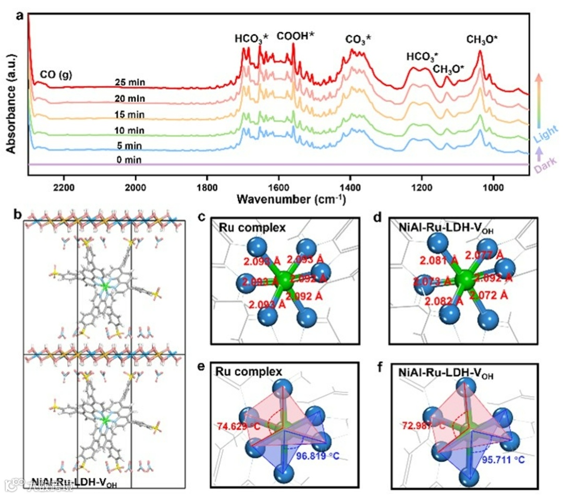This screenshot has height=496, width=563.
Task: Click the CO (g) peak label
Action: click(x=56, y=75)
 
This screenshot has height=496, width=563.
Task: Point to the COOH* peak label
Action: click(x=296, y=36)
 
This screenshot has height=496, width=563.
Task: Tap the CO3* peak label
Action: click(x=358, y=40)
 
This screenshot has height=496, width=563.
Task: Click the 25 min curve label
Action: click(x=130, y=82)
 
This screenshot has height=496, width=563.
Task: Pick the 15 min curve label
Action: click(x=130, y=114)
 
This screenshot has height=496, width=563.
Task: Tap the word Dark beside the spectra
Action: click(x=546, y=164)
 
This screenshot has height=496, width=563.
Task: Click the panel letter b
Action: click(x=19, y=214)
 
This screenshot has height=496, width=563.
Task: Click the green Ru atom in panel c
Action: click(x=285, y=281)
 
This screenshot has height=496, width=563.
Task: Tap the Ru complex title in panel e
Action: click(x=249, y=372)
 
